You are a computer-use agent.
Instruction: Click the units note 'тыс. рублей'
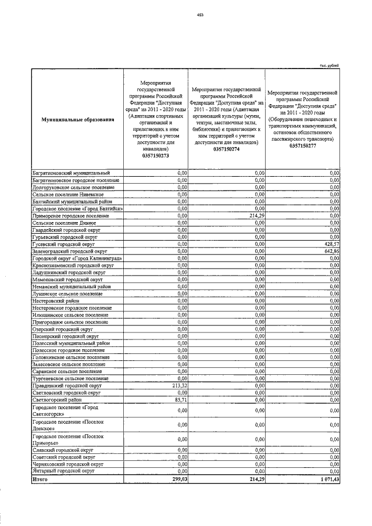click(x=330, y=66)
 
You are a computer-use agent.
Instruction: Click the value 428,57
click(x=331, y=245)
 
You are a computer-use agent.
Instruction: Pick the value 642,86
click(x=331, y=252)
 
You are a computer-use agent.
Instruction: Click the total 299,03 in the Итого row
click(x=177, y=480)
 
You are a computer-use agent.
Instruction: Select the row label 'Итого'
click(x=41, y=480)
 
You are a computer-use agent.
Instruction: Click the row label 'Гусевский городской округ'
click(x=62, y=245)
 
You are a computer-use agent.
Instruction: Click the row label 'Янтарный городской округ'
click(x=63, y=472)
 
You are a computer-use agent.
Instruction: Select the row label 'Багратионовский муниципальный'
click(x=70, y=173)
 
